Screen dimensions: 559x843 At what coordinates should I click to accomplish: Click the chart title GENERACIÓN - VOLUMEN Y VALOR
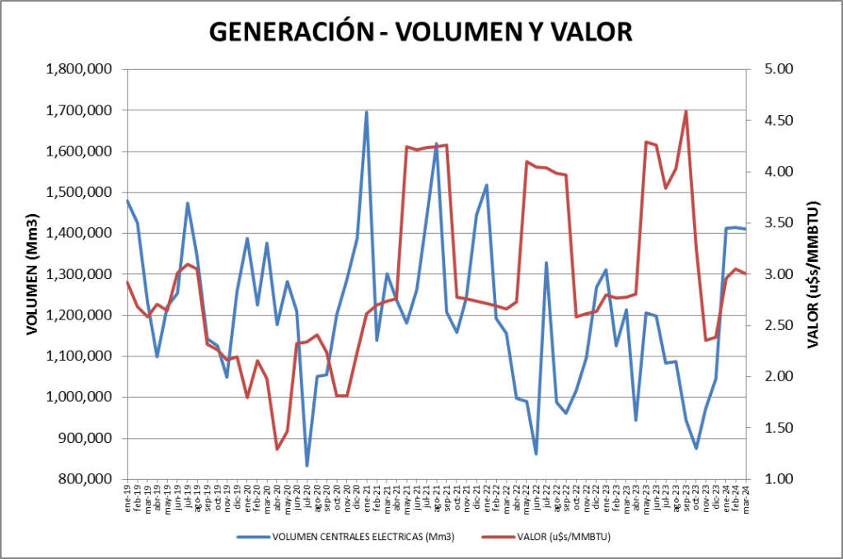420,30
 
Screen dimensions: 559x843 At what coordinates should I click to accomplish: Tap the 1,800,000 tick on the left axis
80,69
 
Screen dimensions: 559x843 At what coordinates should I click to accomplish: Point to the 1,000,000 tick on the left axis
80,398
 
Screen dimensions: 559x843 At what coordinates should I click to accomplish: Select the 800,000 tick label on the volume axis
86,479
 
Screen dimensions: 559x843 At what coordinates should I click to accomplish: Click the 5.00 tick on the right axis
775,69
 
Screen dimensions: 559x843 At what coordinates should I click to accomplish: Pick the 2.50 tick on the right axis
775,325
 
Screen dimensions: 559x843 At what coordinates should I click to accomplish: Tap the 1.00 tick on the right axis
775,479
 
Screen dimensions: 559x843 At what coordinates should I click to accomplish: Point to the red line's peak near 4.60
686,111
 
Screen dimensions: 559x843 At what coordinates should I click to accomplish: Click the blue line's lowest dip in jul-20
307,466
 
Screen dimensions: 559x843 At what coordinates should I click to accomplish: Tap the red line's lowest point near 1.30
277,449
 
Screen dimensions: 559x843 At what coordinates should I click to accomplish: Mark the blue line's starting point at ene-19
127,200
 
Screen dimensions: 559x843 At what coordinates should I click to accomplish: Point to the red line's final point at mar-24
746,274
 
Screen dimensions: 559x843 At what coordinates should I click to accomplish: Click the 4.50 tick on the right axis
775,120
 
